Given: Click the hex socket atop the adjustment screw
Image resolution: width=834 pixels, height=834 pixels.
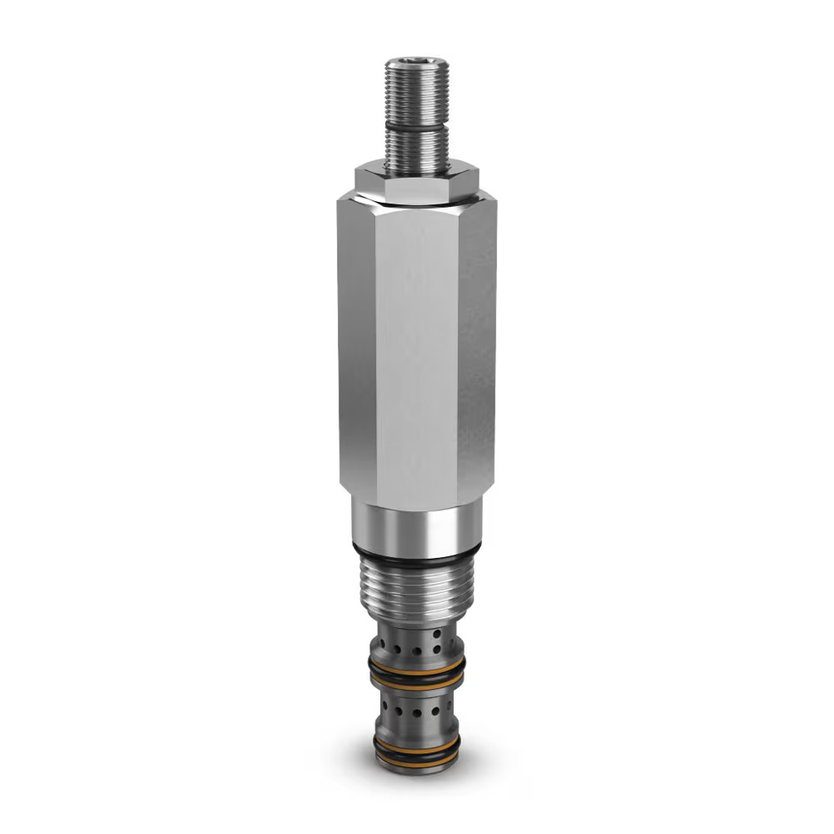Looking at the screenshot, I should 417,63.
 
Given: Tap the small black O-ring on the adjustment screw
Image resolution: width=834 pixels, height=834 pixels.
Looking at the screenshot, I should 417,125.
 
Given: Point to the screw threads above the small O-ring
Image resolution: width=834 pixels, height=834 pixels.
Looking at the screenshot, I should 417,96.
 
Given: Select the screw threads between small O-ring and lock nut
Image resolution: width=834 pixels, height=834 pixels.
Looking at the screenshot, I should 417,148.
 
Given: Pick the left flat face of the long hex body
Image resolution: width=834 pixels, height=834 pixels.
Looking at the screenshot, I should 357,350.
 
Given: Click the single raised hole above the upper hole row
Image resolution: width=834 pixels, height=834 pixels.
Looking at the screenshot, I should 435,636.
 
